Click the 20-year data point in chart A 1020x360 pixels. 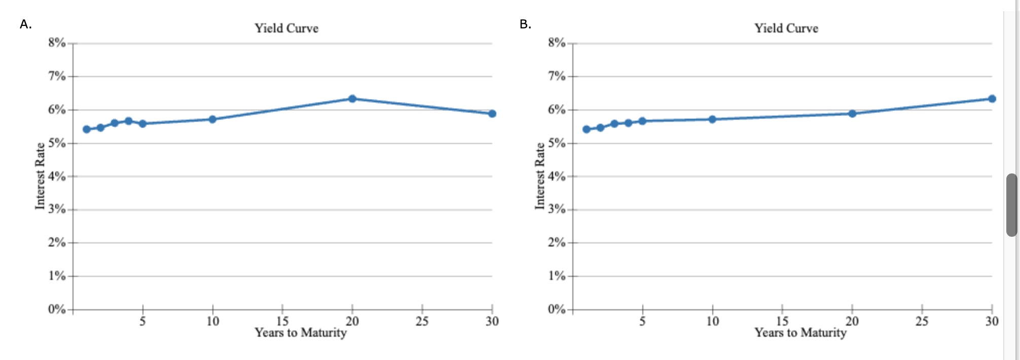[x=352, y=98]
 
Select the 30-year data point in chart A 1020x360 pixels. [x=492, y=114]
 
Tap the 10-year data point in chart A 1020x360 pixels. [x=212, y=119]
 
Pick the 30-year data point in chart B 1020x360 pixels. [x=992, y=98]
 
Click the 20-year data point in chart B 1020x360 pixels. [x=852, y=114]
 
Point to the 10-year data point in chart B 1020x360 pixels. [x=712, y=119]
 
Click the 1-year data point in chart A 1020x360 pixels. [x=87, y=129]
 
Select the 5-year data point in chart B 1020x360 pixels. [x=642, y=121]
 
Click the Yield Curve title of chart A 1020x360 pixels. [x=286, y=28]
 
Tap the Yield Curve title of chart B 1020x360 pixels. [x=786, y=28]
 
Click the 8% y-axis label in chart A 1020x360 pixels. [x=57, y=43]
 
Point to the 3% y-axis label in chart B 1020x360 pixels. [x=556, y=209]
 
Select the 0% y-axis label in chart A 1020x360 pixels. [x=57, y=309]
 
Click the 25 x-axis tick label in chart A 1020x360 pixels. [x=422, y=321]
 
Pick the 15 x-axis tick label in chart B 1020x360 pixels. [x=782, y=321]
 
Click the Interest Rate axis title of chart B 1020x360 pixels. [x=540, y=175]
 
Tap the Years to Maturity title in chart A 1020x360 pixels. [x=301, y=333]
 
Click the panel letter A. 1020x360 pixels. [x=25, y=24]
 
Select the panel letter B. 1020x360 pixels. [x=525, y=24]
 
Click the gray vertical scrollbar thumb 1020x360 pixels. [x=1011, y=205]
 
